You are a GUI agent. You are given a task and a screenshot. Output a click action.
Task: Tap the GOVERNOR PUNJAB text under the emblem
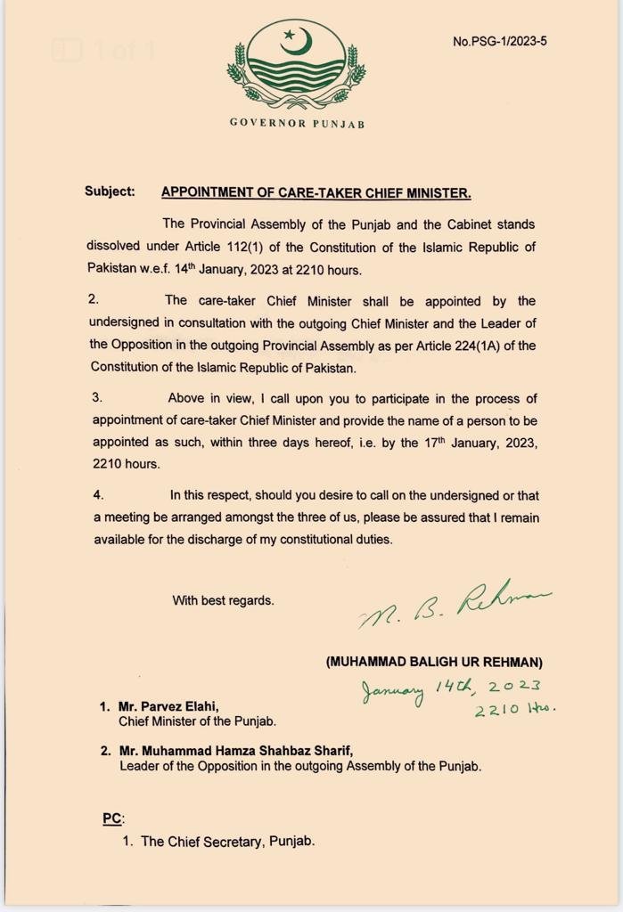pyautogui.click(x=297, y=123)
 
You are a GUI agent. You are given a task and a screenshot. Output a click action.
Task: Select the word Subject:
pyautogui.click(x=110, y=191)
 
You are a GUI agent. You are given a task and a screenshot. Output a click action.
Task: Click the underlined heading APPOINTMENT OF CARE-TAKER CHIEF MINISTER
pyautogui.click(x=316, y=191)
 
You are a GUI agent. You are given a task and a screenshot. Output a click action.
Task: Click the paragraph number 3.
pyautogui.click(x=97, y=398)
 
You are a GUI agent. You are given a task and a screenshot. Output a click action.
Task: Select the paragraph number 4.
pyautogui.click(x=98, y=495)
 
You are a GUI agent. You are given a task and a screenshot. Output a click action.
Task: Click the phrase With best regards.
pyautogui.click(x=223, y=600)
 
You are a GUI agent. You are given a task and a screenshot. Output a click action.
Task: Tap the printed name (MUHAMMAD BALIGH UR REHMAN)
pyautogui.click(x=434, y=662)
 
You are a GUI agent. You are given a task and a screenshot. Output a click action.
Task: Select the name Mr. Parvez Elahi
pyautogui.click(x=168, y=706)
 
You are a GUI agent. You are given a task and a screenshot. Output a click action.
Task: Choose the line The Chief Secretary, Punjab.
pyautogui.click(x=227, y=841)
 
